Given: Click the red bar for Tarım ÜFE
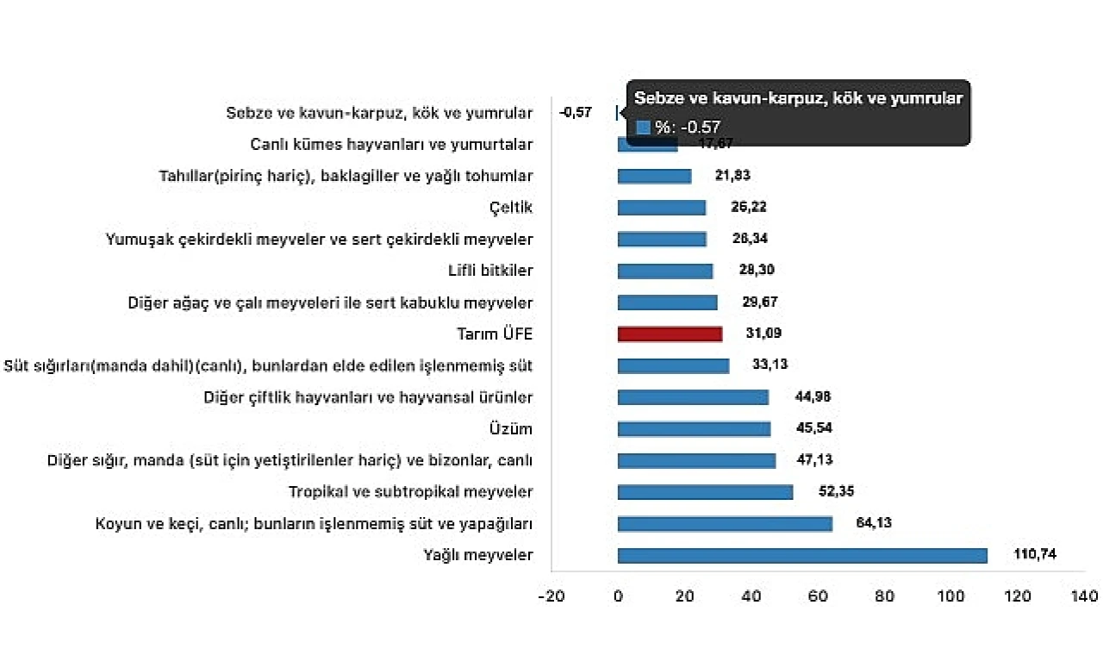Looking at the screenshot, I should coord(670,334).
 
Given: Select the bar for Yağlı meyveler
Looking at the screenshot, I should coord(802,556).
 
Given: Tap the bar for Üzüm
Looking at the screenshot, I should coord(694,429).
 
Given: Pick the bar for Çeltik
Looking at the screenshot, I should coord(662,208).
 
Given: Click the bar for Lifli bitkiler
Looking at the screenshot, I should coord(665,271).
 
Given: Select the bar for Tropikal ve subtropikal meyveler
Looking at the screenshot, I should coord(705,492).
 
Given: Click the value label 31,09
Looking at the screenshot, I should coord(763,334).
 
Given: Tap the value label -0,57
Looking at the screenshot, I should coord(576,113).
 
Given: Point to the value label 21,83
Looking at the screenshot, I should coord(732,176).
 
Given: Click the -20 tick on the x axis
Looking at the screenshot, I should coord(551,596).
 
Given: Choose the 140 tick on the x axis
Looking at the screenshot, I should coord(1085,596).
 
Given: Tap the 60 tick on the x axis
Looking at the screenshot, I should coord(818,596).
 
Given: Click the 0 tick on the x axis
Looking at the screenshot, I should coord(618,596).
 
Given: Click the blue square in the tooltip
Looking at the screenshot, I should coord(643,128).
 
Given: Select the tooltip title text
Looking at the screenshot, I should coord(798,98).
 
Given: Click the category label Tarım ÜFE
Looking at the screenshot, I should coord(495,334).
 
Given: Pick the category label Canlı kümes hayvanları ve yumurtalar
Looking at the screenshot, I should coord(391,145).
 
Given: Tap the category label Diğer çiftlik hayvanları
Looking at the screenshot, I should coord(368,397).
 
